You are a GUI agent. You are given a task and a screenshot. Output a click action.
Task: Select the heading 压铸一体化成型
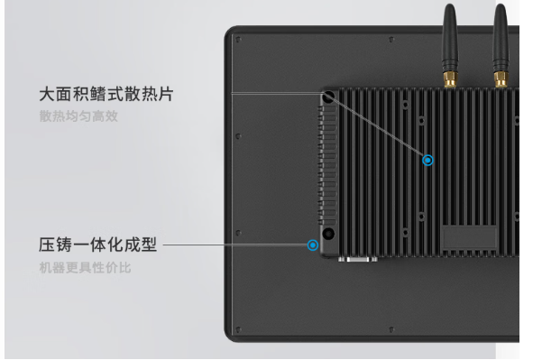coord(97,245)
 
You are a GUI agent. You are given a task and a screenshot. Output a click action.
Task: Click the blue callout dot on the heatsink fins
coord(427,161)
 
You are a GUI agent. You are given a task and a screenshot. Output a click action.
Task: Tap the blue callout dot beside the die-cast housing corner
coord(313,245)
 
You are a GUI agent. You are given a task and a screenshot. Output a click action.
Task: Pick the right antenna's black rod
coord(501,36)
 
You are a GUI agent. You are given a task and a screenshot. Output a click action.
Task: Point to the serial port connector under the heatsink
coord(359,260)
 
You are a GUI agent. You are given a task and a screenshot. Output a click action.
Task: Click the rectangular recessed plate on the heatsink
coord(469,237)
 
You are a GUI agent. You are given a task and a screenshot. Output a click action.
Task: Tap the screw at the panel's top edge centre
coord(390,40)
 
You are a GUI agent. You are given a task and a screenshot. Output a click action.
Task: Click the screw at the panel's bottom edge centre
coord(390,328)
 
